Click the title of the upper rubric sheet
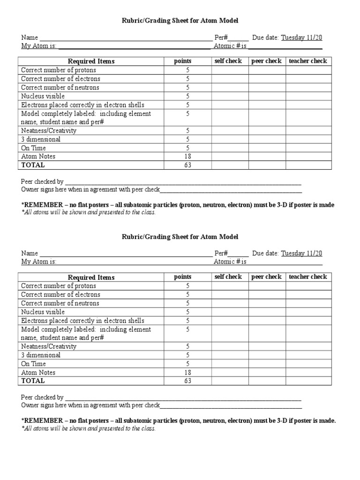tap(180, 21)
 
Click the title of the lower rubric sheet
tap(180, 237)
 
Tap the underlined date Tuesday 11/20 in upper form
tap(301, 37)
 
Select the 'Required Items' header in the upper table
tap(91, 61)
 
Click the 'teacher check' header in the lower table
tap(308, 277)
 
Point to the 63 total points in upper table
tap(187, 165)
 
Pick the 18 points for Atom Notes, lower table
tap(187, 373)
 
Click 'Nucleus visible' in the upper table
tap(43, 96)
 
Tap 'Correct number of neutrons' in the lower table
tap(60, 303)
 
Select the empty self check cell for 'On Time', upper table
tap(230, 148)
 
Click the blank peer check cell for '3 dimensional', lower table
tap(267, 355)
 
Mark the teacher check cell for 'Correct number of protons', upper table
tap(308, 70)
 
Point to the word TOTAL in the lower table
tap(33, 381)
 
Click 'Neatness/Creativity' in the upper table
tap(49, 131)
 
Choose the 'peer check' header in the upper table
tap(267, 61)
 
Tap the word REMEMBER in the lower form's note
tap(43, 421)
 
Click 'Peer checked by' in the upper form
tap(42, 181)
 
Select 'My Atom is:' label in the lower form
tap(39, 262)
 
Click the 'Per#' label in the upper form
tap(221, 37)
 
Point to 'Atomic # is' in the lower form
tap(230, 262)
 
